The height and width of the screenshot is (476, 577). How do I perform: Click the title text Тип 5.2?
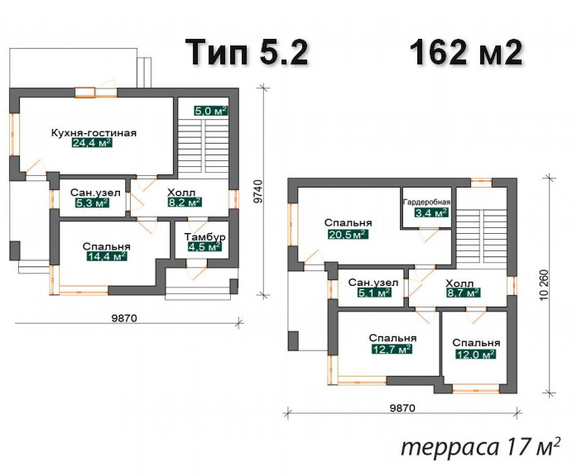(246, 52)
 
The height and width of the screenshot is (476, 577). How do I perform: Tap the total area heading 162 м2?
(465, 52)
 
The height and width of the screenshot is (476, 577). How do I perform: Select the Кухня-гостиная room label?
(94, 132)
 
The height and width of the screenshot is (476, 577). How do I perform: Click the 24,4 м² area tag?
(92, 142)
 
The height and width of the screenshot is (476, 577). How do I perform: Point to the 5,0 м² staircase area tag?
(210, 111)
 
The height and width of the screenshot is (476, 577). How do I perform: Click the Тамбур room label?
(205, 237)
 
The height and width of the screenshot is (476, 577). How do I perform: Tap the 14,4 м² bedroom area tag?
(107, 256)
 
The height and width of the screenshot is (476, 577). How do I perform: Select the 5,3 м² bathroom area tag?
(92, 202)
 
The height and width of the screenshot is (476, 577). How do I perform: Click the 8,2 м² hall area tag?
(185, 202)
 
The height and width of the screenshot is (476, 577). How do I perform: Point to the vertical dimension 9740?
(259, 192)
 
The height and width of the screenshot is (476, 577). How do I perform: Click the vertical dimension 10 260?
(545, 284)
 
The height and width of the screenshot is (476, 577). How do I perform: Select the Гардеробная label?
(427, 202)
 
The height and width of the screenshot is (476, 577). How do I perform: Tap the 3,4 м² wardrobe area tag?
(431, 212)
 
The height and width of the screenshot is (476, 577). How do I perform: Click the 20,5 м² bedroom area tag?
(348, 234)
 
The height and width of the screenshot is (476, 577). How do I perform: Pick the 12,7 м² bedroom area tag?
(392, 349)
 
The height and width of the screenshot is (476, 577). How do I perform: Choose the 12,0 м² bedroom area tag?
(476, 354)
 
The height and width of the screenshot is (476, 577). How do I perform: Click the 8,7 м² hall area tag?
(464, 293)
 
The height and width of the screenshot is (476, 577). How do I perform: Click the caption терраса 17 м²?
(481, 447)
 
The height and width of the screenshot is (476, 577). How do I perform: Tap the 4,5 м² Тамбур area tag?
(205, 246)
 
